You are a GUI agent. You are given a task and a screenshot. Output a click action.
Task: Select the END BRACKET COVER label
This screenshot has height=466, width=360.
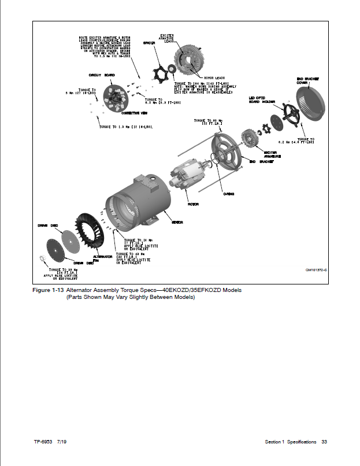pyautogui.click(x=306, y=80)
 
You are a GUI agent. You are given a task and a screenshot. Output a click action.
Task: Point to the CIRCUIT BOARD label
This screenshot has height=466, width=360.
pyautogui.click(x=100, y=76)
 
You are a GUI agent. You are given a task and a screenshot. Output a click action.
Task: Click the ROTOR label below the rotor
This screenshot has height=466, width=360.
pyautogui.click(x=192, y=204)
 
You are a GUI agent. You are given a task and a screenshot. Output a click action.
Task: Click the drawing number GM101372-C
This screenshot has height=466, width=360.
pyautogui.click(x=316, y=270)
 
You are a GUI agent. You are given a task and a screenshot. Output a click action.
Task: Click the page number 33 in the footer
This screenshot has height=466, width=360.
pyautogui.click(x=324, y=442)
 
